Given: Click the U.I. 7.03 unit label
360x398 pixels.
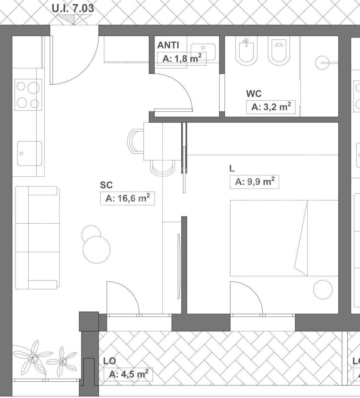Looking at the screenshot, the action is [x=73, y=8].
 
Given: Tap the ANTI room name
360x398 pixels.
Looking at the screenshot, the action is [x=168, y=45].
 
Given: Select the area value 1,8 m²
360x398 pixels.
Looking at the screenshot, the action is [x=182, y=59].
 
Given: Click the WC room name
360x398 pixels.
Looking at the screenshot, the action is [x=253, y=94].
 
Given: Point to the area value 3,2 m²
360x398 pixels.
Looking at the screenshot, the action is [x=271, y=107].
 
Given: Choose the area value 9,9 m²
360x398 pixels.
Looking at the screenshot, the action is [x=255, y=182].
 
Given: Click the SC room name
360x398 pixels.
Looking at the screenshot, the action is [x=106, y=185].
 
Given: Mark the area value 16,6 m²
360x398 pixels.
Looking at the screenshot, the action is [x=127, y=198].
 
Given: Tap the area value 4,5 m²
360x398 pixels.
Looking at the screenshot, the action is [x=129, y=374].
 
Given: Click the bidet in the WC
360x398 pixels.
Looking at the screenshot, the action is [x=246, y=51].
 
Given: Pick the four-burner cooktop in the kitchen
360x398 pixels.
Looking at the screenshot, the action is [x=28, y=94].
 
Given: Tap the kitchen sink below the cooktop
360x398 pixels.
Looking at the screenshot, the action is [x=30, y=154].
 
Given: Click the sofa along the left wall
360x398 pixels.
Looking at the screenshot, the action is [x=37, y=238].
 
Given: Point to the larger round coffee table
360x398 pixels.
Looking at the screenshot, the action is [x=96, y=250].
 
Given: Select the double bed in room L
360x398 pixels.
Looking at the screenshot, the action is [x=284, y=238].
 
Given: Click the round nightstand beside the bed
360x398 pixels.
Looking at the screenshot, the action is [x=323, y=290].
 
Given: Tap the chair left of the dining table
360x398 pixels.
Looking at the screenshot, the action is [x=136, y=141].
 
